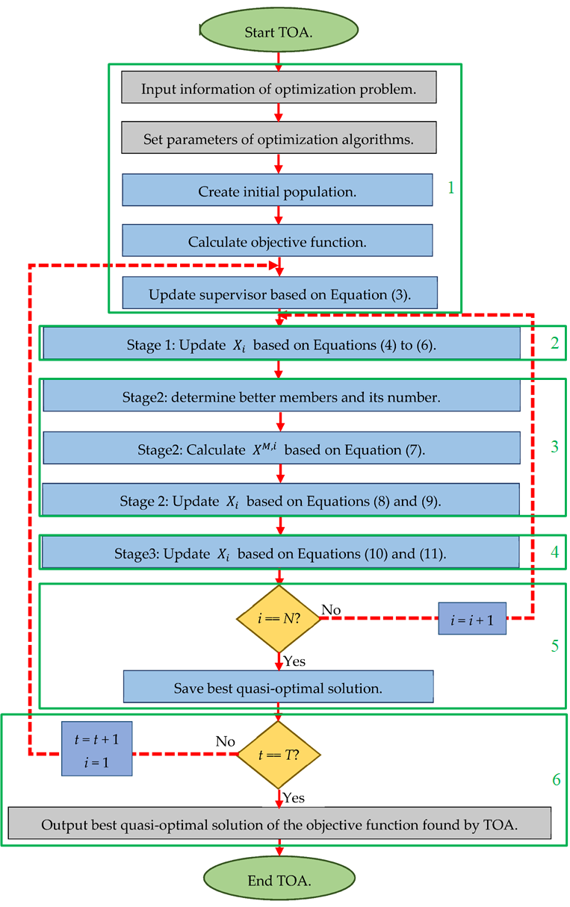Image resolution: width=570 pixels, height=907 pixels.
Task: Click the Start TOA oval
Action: (279, 32)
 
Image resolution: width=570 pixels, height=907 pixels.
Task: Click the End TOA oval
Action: (279, 881)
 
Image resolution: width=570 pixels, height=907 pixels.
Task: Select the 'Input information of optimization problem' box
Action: (279, 90)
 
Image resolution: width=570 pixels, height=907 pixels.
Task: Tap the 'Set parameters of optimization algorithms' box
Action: (279, 140)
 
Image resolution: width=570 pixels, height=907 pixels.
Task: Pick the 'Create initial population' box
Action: (277, 191)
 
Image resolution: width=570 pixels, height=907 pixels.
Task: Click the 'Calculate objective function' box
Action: (277, 242)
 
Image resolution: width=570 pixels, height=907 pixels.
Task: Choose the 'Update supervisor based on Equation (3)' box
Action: (277, 293)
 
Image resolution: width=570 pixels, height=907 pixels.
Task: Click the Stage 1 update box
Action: (281, 344)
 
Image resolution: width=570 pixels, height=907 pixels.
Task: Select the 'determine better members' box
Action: (281, 397)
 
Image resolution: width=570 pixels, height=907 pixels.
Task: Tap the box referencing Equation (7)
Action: (281, 449)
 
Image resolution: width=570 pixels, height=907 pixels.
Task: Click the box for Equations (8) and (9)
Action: (280, 500)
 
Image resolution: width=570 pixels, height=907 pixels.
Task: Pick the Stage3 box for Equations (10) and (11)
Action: (280, 552)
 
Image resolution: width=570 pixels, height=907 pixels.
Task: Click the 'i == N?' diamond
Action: (278, 618)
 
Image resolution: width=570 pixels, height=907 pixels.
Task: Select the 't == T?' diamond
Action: (278, 754)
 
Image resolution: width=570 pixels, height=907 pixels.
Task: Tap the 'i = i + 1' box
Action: (471, 619)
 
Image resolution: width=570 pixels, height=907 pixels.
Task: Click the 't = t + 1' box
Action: (97, 753)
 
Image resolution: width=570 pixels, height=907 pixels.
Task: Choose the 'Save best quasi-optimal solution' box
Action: (278, 687)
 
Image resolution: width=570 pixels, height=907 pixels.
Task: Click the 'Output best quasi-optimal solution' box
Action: (279, 824)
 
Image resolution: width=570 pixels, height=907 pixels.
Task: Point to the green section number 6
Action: (556, 780)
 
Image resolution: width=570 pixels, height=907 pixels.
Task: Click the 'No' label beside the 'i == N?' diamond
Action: (331, 610)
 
